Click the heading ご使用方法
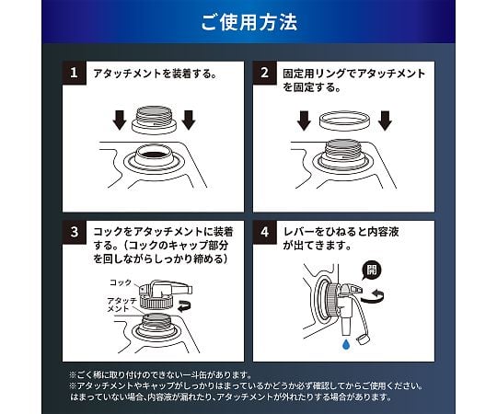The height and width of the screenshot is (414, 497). [248, 23]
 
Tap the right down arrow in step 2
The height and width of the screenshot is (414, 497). [385, 121]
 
